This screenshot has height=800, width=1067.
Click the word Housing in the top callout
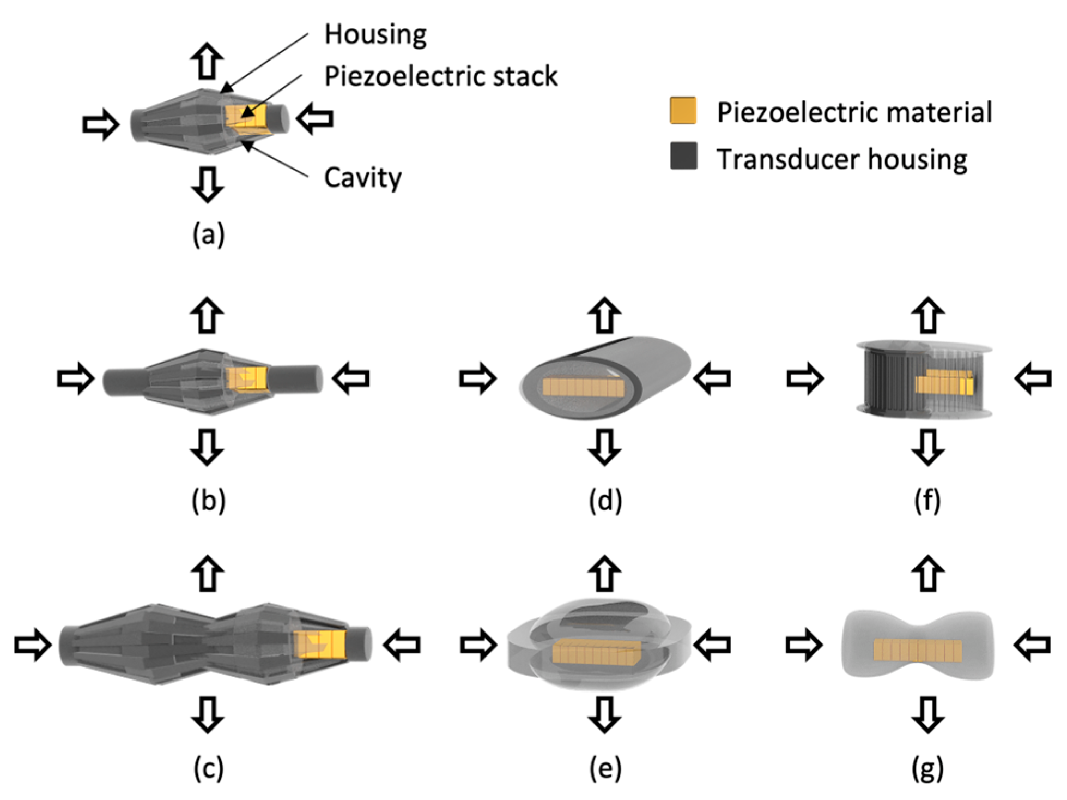click(x=375, y=35)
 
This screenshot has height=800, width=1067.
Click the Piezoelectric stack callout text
click(x=440, y=76)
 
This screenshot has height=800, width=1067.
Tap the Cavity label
click(x=362, y=178)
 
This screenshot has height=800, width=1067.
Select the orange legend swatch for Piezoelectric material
click(x=683, y=111)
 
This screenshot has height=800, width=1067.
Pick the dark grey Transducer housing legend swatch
click(x=683, y=156)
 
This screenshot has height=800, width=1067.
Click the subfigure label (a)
click(x=208, y=235)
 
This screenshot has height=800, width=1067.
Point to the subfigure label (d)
click(x=605, y=500)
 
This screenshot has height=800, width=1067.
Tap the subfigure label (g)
click(x=927, y=768)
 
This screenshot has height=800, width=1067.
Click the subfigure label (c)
click(x=208, y=768)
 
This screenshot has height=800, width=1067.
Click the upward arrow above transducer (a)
click(x=207, y=61)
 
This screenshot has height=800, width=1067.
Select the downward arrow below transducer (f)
click(x=927, y=447)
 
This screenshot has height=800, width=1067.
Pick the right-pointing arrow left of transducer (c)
click(x=33, y=645)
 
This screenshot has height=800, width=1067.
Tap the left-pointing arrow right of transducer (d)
click(x=712, y=378)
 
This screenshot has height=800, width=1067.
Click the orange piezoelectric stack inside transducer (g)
click(x=918, y=650)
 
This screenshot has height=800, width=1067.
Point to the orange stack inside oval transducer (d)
click(x=583, y=387)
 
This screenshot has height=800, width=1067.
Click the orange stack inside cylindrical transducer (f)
click(x=944, y=383)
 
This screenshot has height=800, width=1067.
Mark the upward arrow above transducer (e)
click(x=605, y=574)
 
